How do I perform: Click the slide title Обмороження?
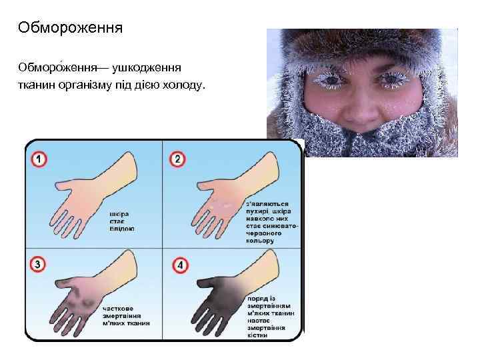71,28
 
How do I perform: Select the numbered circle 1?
39,160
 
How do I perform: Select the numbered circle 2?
177,160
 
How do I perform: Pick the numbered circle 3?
39,265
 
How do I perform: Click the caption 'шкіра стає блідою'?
121,221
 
